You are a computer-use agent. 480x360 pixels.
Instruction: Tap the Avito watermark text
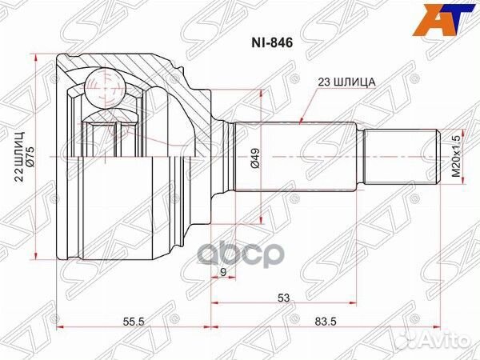coord(453,343)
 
